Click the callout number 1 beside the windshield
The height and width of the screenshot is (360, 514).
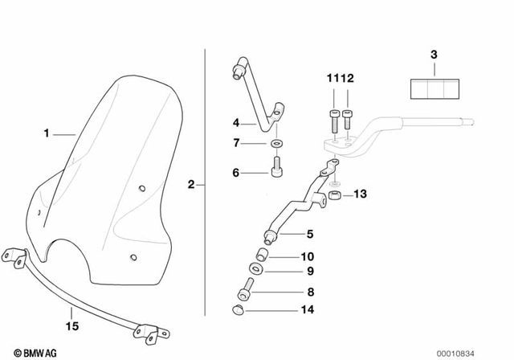pos(47,133)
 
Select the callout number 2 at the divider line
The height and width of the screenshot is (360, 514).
pos(191,184)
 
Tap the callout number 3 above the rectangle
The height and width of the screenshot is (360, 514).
pos(434,55)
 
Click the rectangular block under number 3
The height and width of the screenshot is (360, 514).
pos(434,88)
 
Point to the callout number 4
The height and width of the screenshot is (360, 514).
pos(236,123)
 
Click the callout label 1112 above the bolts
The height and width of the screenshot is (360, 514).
pos(340,79)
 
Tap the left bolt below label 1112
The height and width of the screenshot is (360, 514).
pos(333,121)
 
